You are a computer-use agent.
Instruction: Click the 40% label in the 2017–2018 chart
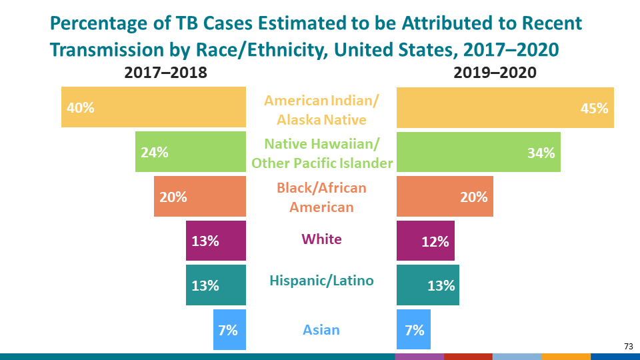tap(80, 108)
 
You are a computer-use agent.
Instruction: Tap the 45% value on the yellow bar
tap(594, 108)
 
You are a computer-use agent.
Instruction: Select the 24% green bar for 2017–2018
tap(191, 152)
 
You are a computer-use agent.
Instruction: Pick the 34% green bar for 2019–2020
tap(478, 152)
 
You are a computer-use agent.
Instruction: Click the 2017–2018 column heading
tap(166, 73)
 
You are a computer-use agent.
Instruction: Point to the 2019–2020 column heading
tap(495, 73)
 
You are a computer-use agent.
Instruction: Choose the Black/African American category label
tap(321, 197)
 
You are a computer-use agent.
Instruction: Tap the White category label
tap(321, 239)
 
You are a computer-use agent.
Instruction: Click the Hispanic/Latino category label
tap(321, 281)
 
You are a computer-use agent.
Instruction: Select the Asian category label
tap(321, 329)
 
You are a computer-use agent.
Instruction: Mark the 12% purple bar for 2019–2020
tap(425, 241)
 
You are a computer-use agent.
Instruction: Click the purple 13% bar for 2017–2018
tap(216, 241)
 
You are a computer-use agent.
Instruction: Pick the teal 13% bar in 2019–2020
tap(427, 285)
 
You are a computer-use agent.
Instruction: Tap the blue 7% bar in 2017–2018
tap(229, 329)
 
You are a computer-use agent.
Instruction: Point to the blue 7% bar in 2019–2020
tap(413, 329)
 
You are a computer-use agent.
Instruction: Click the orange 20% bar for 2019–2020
tap(445, 197)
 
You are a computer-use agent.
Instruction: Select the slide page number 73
tap(628, 346)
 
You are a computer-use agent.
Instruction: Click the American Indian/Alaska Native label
tap(321, 110)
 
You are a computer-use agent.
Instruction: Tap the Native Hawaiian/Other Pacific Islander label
tap(321, 153)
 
